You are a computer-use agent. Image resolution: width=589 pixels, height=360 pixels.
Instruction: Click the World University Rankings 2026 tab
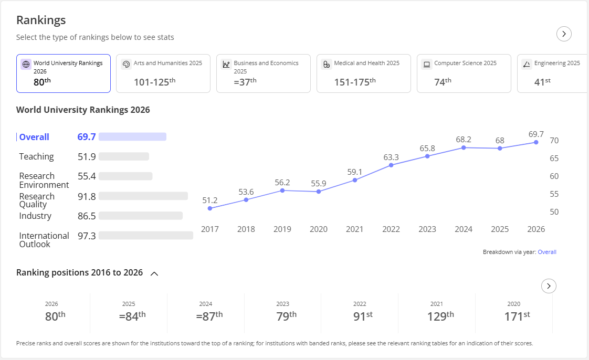click(x=64, y=73)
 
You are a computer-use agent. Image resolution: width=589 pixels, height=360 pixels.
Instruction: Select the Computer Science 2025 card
click(x=464, y=73)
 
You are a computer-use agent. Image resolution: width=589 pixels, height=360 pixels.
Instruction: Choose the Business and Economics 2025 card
click(x=264, y=73)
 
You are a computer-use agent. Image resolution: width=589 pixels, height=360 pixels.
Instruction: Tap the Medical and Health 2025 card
click(x=364, y=73)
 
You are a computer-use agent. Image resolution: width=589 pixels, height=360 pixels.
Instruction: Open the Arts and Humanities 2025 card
click(x=163, y=73)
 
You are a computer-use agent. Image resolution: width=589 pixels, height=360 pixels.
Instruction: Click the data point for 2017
click(x=210, y=208)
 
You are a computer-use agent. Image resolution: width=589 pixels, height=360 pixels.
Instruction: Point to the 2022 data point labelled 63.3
click(x=391, y=165)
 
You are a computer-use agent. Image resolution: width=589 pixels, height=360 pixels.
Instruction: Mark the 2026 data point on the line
click(x=536, y=142)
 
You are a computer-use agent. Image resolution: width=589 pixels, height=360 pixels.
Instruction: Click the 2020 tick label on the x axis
click(x=319, y=229)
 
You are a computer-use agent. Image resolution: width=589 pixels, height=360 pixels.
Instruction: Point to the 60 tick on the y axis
click(x=554, y=176)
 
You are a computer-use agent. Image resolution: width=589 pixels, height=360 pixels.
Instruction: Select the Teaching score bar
click(x=124, y=156)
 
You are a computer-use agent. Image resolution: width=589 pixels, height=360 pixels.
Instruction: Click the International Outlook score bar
click(x=146, y=236)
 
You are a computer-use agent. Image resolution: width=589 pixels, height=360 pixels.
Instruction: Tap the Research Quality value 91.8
click(x=87, y=196)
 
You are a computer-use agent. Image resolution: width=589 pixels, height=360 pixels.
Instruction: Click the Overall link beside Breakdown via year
click(x=547, y=252)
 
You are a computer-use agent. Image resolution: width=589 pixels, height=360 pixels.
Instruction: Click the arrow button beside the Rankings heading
click(x=564, y=34)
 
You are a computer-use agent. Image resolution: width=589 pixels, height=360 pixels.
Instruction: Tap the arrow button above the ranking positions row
click(x=549, y=286)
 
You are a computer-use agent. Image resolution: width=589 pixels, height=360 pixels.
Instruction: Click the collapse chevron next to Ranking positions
click(x=154, y=273)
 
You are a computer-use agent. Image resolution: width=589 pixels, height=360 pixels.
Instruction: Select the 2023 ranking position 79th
click(x=287, y=316)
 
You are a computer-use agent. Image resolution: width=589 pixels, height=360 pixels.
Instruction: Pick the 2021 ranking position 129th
click(x=440, y=316)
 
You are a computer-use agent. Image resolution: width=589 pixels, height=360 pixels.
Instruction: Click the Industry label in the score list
click(x=35, y=216)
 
